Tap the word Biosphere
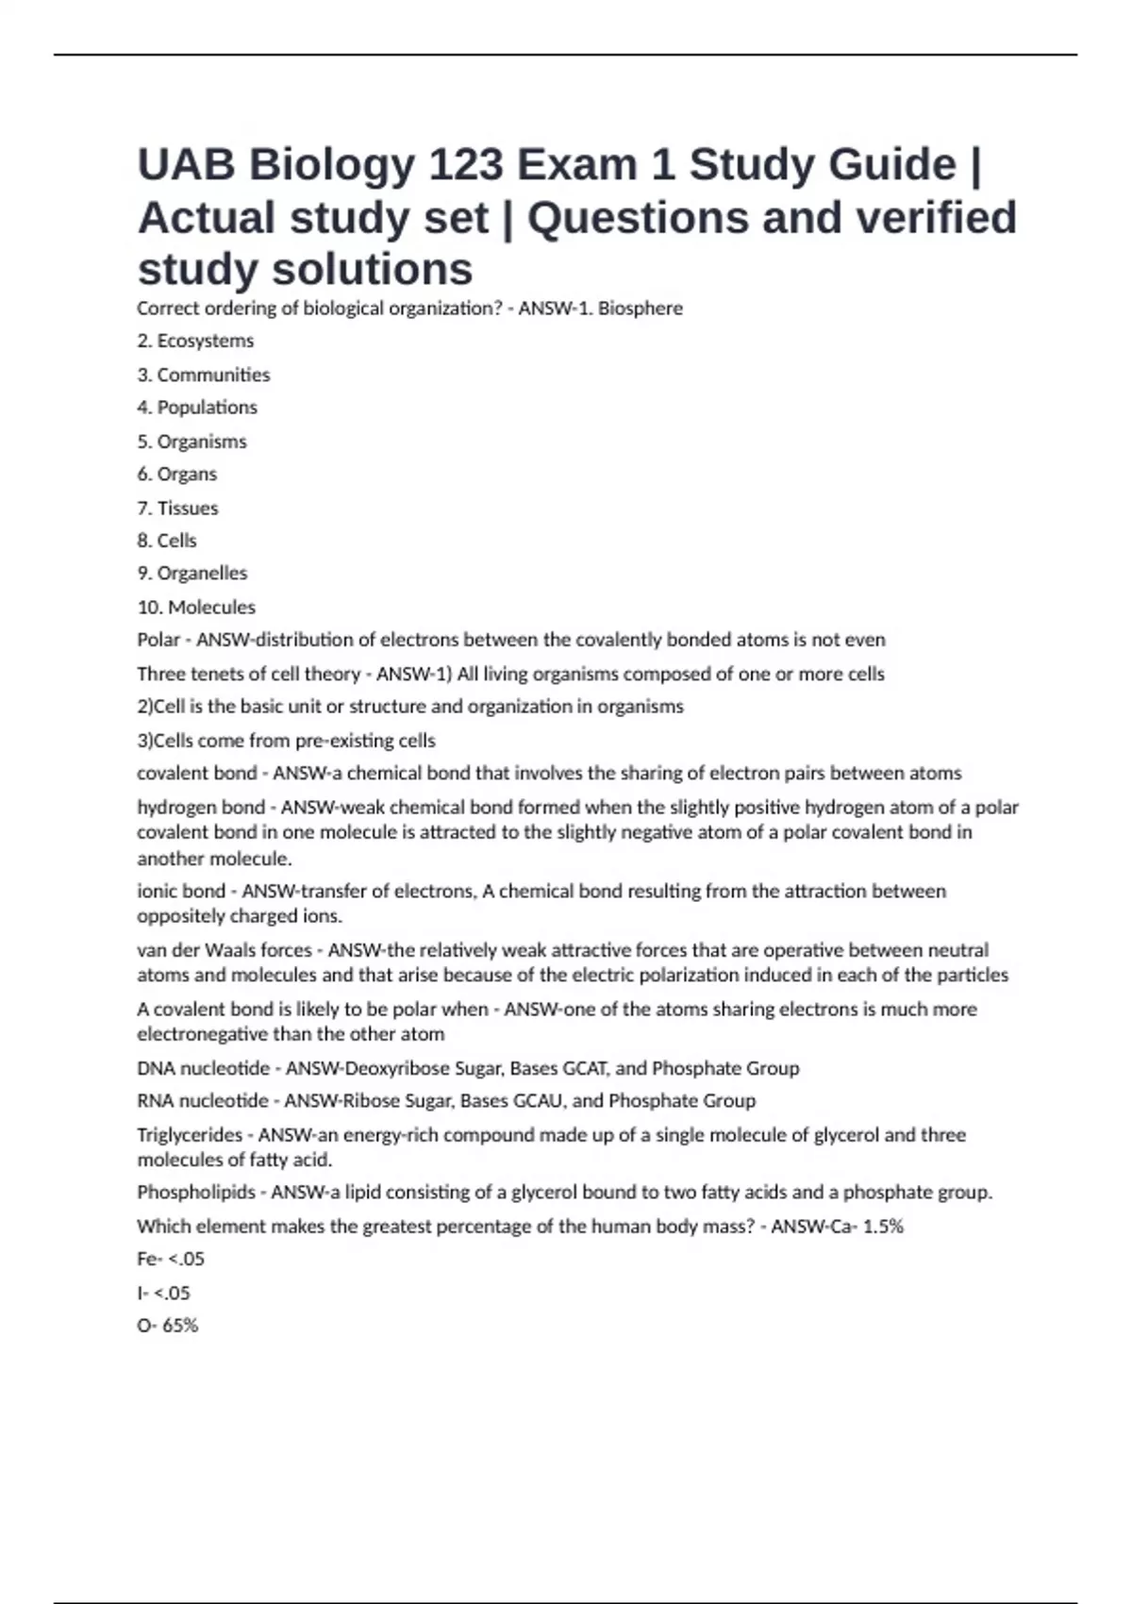(640, 309)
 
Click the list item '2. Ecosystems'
(195, 341)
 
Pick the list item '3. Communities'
(203, 375)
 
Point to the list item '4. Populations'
(196, 408)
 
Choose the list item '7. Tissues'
(177, 508)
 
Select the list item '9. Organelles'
(191, 574)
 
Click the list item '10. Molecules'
(195, 607)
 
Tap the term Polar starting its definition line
(158, 640)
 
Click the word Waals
(231, 950)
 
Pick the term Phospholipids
(195, 1193)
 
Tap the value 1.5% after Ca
(883, 1227)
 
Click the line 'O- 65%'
(167, 1326)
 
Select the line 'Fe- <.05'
(170, 1259)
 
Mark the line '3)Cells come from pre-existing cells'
(286, 741)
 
